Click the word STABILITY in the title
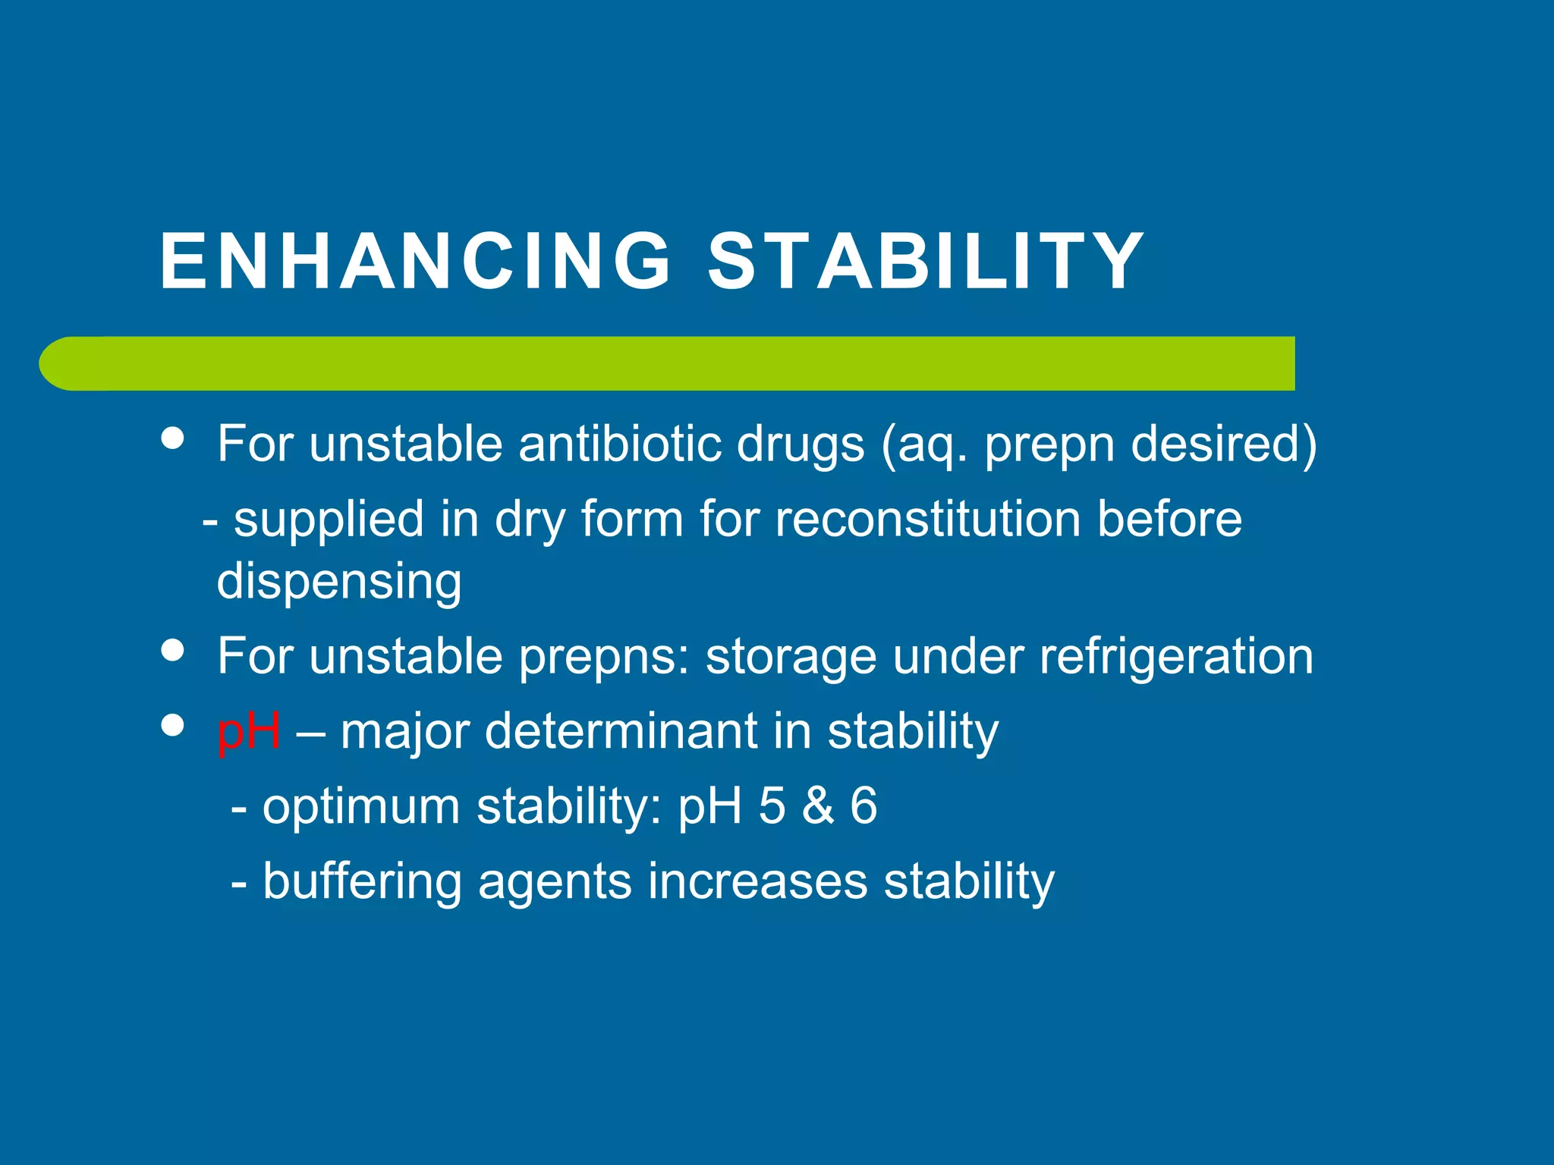tap(925, 261)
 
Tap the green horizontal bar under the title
tap(668, 363)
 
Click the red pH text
tap(249, 731)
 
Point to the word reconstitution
tap(927, 520)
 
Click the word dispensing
tap(339, 581)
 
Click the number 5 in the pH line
tap(772, 805)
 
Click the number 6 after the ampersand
tap(864, 805)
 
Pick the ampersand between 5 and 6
tap(818, 805)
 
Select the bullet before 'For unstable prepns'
tap(173, 650)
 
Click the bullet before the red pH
tap(173, 725)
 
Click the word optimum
tap(361, 805)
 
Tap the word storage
tap(791, 657)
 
